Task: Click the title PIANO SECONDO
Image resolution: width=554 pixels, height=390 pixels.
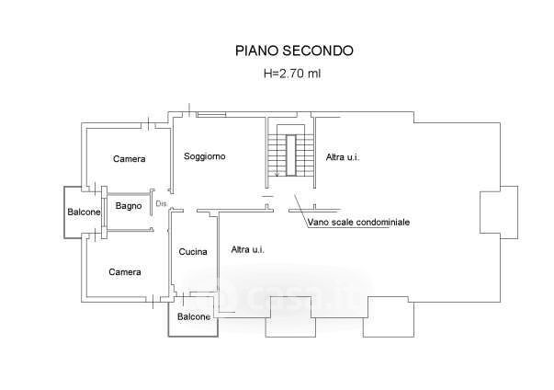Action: pos(294,51)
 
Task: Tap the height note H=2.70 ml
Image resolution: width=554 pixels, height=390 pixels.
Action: pos(292,74)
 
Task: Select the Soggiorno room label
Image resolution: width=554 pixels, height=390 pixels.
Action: pos(205,156)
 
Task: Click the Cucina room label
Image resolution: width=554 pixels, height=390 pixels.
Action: pos(193,252)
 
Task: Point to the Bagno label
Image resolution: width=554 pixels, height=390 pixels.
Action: pos(129,206)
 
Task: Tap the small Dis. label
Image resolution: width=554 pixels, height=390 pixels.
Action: pos(162,203)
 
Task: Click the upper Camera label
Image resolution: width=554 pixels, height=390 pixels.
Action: pos(130,159)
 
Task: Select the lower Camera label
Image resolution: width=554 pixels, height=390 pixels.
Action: pos(125,272)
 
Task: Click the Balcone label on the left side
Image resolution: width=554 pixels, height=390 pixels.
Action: pos(85,212)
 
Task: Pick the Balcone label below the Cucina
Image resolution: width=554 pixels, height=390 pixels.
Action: pos(194,316)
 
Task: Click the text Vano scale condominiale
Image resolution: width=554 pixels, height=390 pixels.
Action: pos(358,222)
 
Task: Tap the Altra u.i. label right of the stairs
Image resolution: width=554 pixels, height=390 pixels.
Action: pos(343,157)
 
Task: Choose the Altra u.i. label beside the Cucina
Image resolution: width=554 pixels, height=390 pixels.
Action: pos(248,249)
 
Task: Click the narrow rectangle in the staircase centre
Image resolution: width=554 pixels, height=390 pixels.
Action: pos(290,155)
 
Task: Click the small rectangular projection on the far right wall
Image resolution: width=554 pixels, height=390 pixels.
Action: pos(499,212)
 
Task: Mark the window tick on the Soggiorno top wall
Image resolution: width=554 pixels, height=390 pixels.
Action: pos(190,110)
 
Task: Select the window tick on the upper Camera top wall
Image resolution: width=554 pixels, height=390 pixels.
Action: pos(149,124)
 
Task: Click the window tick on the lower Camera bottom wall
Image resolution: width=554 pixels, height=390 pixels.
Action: pos(153,302)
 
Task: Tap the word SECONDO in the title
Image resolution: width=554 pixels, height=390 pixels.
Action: pos(318,51)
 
